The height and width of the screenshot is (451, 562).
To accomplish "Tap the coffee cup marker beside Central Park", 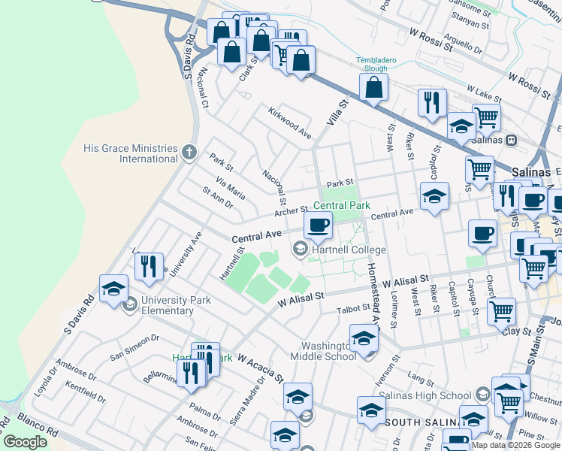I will click(318, 224).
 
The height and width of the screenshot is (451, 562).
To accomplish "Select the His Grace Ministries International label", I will click(131, 154).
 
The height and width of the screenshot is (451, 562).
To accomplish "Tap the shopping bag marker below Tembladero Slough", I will click(373, 87).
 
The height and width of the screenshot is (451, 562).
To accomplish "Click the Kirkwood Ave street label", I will click(290, 122).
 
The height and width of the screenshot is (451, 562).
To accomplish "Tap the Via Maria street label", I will click(230, 188).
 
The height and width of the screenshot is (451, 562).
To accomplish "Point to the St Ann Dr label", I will click(218, 198).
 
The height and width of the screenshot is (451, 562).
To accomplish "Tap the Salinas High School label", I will click(425, 395).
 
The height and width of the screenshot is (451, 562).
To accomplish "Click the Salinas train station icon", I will click(511, 140).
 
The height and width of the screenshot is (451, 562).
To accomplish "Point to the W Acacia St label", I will click(260, 368).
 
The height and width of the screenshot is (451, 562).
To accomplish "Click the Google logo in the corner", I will click(25, 442).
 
